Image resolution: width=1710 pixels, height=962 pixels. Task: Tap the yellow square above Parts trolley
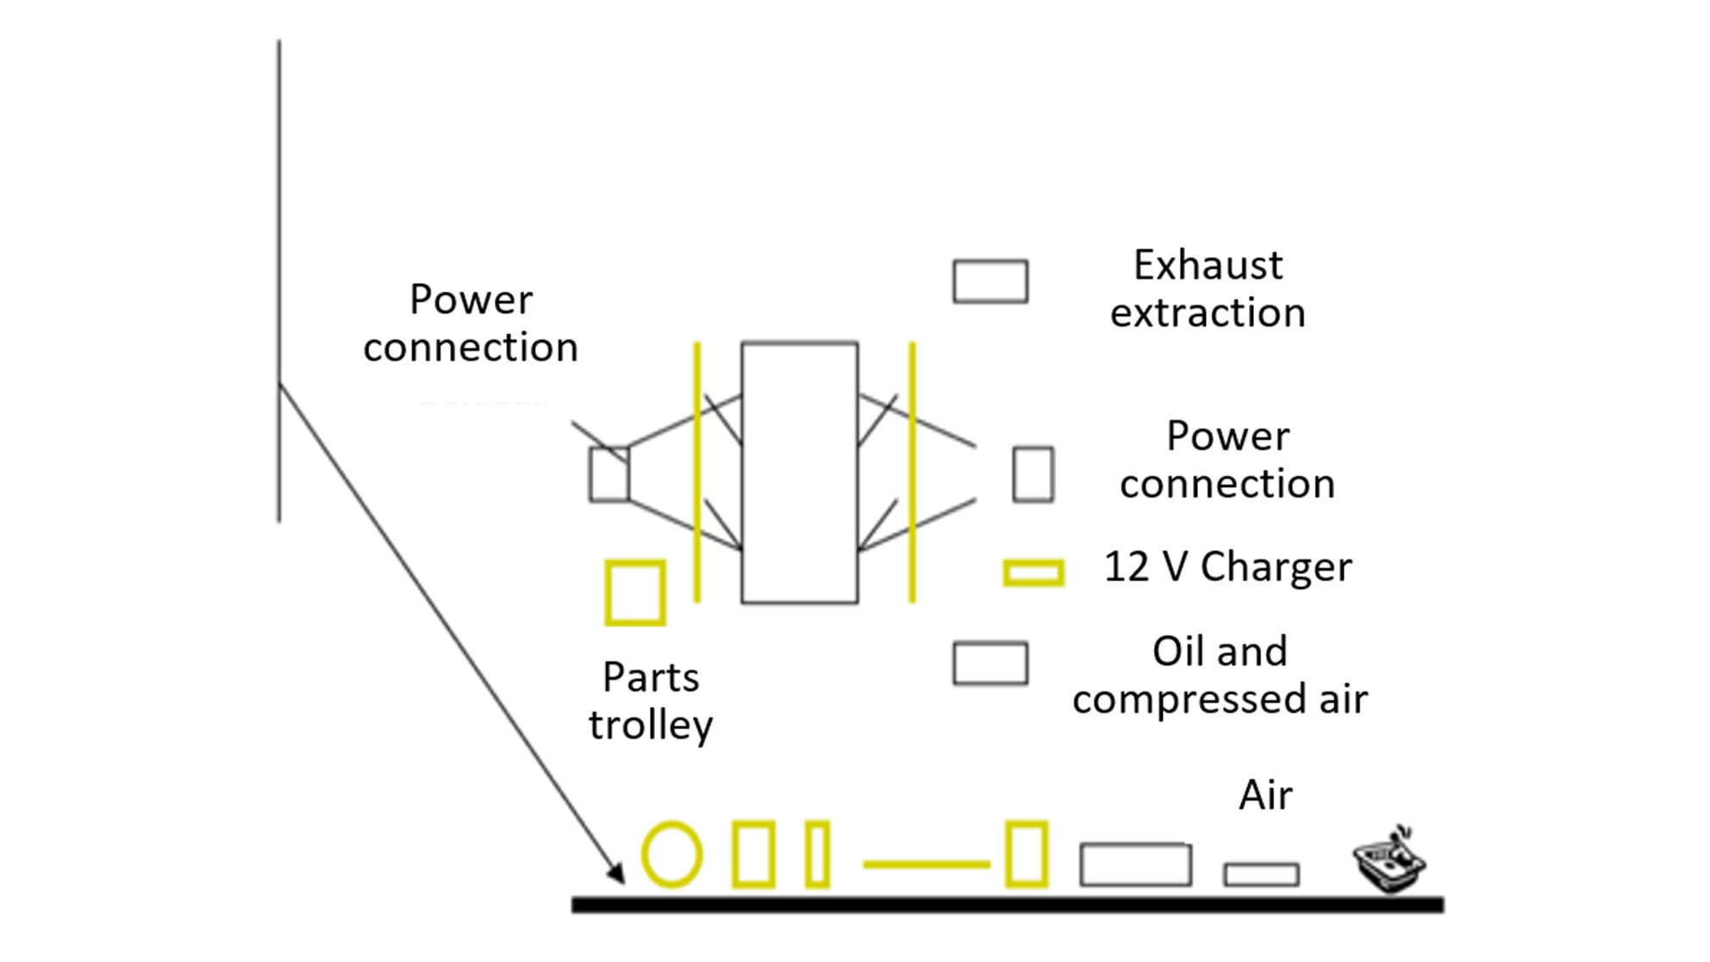pyautogui.click(x=608, y=593)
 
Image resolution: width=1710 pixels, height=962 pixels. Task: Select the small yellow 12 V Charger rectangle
pyautogui.click(x=1033, y=563)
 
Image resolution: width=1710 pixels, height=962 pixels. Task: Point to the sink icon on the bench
pyautogui.click(x=1389, y=859)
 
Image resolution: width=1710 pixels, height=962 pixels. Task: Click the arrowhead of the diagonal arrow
pyautogui.click(x=615, y=873)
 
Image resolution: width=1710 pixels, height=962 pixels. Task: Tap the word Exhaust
pyautogui.click(x=1208, y=265)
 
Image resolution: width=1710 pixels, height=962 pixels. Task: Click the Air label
pyautogui.click(x=1265, y=795)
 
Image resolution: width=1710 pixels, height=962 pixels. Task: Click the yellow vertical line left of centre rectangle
pyautogui.click(x=697, y=472)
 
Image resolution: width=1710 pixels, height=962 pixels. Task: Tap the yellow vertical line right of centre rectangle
pyautogui.click(x=912, y=472)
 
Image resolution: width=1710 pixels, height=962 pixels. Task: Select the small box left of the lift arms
pyautogui.click(x=591, y=474)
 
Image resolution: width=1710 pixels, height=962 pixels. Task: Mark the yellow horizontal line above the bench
pyautogui.click(x=927, y=864)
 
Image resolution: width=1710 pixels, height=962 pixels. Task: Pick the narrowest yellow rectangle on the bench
pyautogui.click(x=808, y=855)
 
